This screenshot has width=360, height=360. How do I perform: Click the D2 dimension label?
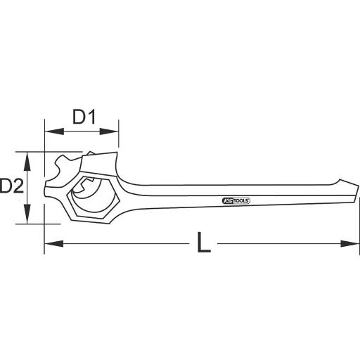[12, 186]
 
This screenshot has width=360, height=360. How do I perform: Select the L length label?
[203, 244]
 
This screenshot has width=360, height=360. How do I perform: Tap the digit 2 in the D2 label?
[18, 186]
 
